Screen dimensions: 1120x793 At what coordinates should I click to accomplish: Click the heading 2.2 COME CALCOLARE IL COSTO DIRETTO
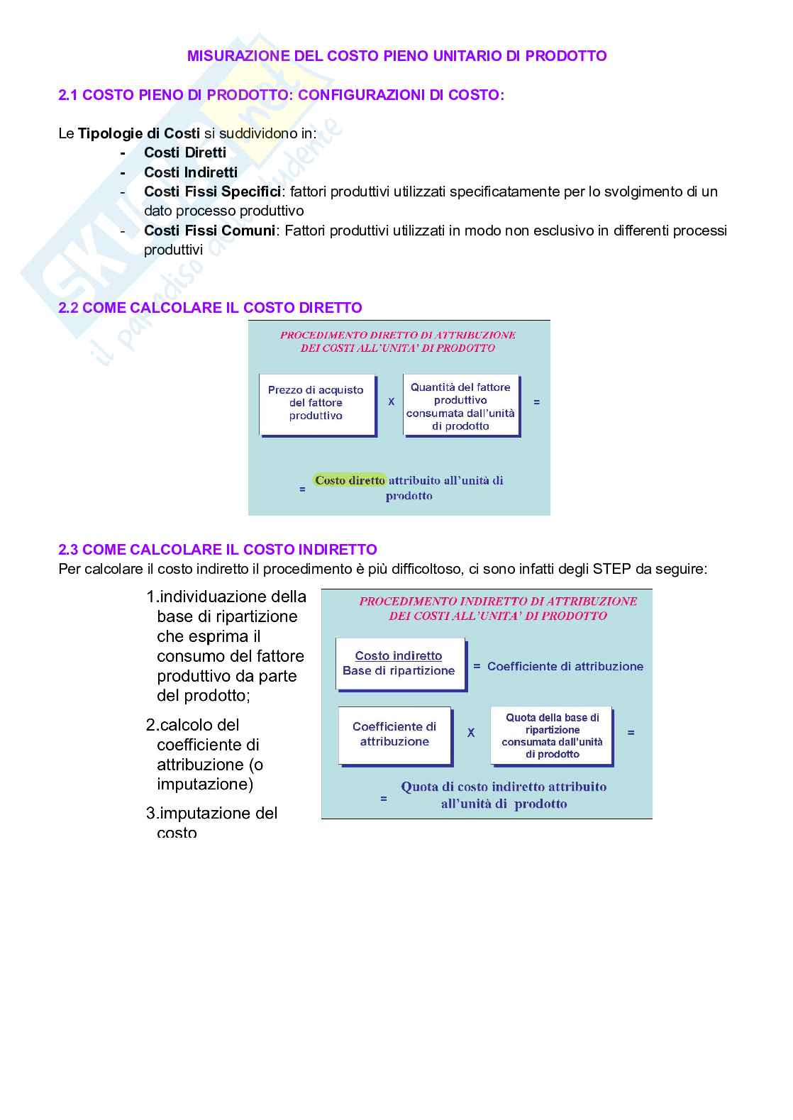210,308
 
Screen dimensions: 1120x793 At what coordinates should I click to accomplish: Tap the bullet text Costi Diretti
184,153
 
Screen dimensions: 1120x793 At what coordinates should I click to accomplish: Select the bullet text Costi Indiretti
190,172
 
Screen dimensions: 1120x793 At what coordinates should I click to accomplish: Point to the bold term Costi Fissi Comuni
209,231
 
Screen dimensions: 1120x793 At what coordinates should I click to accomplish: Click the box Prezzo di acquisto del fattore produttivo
316,403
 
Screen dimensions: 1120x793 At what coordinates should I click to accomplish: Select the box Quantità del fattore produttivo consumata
460,406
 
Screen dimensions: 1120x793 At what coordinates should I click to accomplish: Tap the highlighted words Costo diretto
350,480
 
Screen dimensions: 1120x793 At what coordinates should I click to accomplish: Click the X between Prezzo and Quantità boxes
391,402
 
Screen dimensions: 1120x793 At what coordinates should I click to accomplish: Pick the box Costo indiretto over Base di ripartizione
399,663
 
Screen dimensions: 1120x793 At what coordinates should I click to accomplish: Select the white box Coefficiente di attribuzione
394,734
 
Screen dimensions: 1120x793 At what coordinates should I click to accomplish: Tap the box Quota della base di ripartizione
552,736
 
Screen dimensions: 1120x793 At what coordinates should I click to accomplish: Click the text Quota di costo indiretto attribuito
504,787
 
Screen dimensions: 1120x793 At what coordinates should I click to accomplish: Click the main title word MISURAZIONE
231,56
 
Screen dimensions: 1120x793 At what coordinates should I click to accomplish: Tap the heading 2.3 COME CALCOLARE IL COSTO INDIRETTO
218,550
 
